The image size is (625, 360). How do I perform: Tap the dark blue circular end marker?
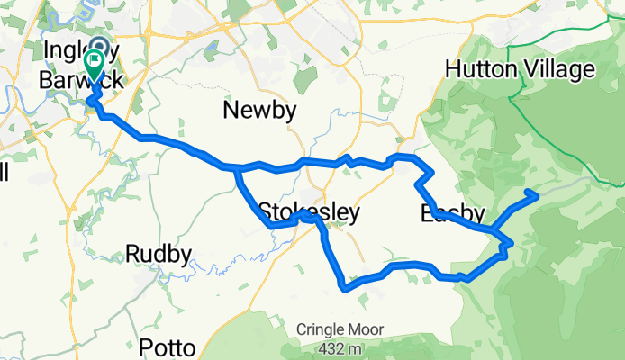98,47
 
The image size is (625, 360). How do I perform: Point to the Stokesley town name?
308,212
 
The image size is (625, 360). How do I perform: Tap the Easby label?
453,214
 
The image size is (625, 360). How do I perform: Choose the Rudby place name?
159,255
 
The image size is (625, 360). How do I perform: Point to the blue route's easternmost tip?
537,193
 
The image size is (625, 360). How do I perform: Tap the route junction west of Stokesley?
236,168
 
